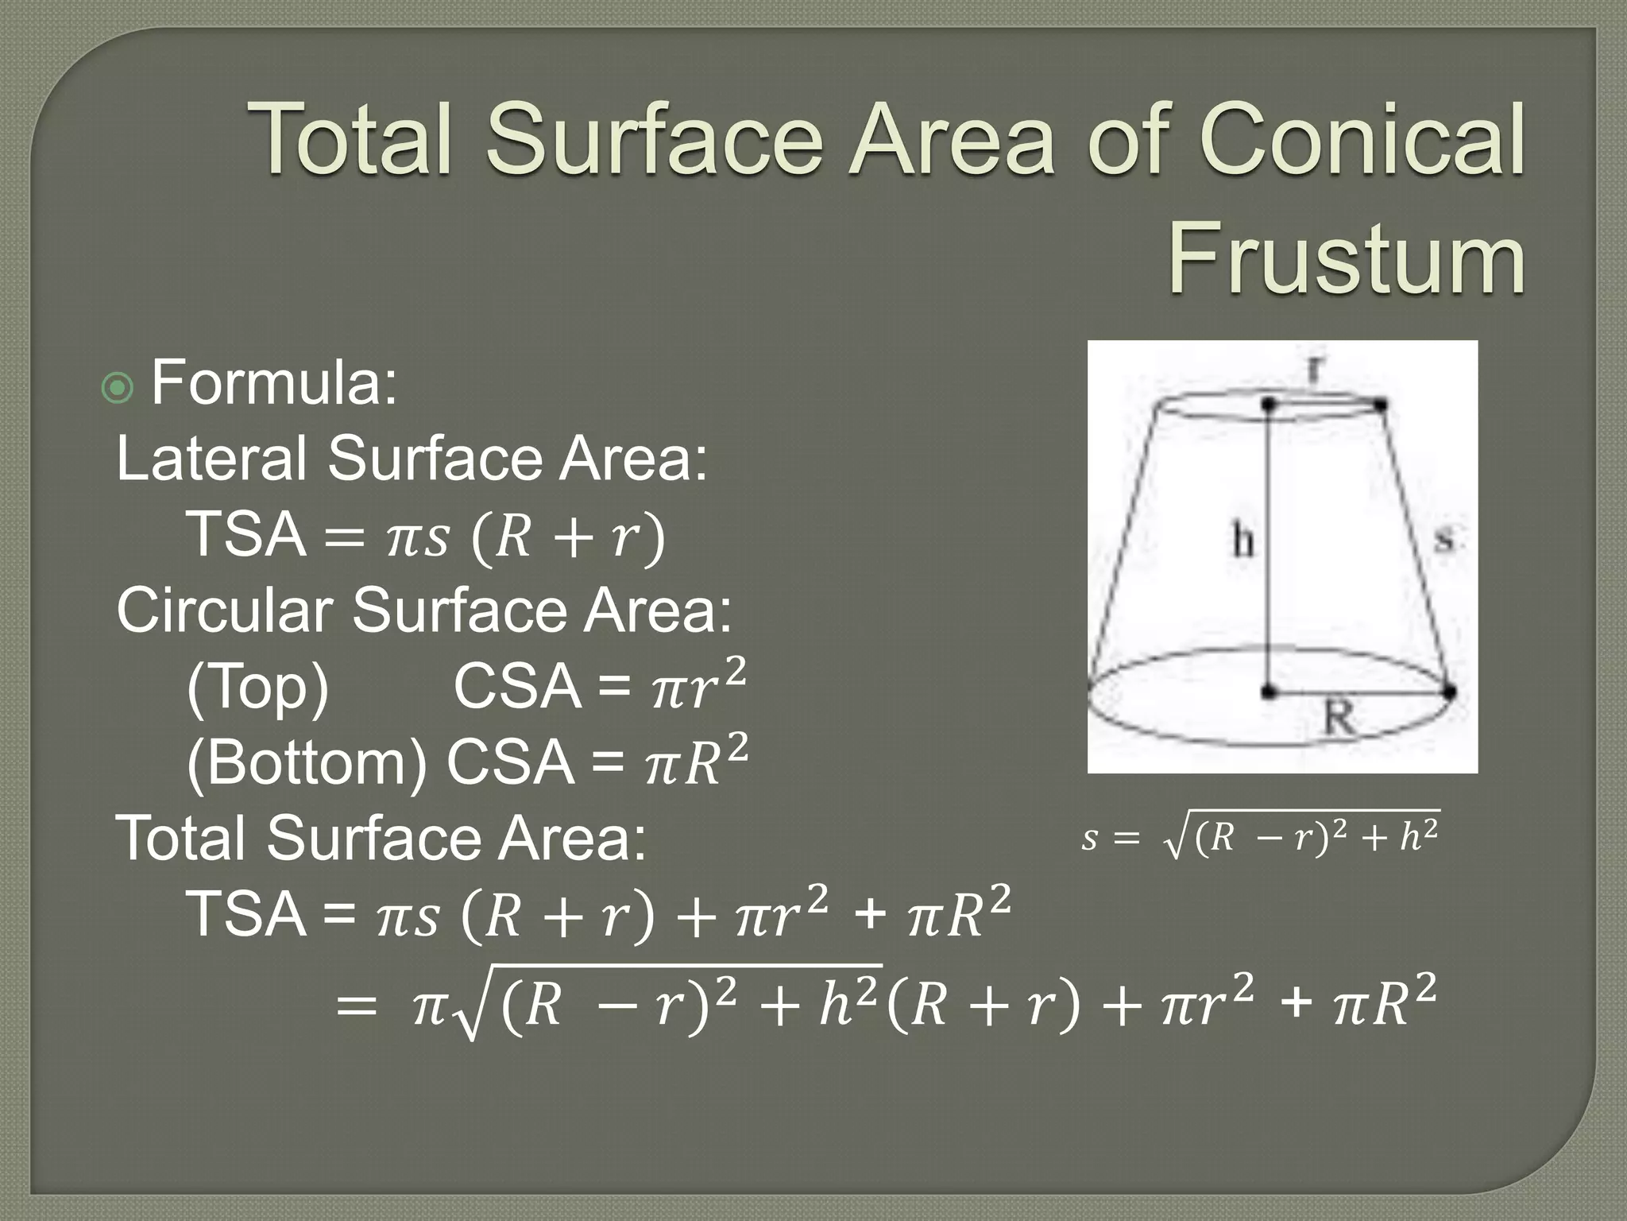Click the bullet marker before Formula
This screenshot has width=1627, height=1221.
(x=118, y=388)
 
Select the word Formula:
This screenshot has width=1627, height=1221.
(x=273, y=383)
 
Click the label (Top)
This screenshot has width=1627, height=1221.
(x=257, y=688)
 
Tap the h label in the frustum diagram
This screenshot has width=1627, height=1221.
(x=1243, y=542)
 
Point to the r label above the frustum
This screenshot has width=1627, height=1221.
(x=1316, y=368)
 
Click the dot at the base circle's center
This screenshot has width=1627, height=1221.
(x=1269, y=692)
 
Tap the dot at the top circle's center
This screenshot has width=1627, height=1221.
(x=1269, y=405)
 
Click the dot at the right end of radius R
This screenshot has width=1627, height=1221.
(x=1449, y=692)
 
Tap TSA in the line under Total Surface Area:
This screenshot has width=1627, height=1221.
(x=246, y=914)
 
